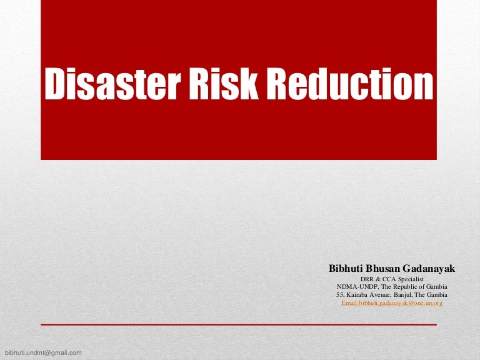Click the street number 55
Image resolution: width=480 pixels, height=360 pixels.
(340, 294)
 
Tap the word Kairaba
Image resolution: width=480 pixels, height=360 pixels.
(357, 294)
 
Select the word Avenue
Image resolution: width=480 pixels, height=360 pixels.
(383, 294)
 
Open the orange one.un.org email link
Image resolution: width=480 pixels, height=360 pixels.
(392, 302)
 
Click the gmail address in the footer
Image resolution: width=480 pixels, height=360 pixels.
(43, 353)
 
